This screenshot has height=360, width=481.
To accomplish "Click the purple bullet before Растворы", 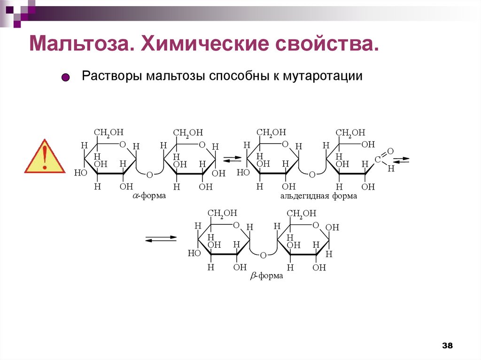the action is pyautogui.click(x=66, y=77).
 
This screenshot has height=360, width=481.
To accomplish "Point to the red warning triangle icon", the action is pyautogui.click(x=45, y=157).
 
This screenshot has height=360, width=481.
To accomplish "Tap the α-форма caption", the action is pyautogui.click(x=149, y=196).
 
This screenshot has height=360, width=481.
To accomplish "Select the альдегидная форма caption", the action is pyautogui.click(x=318, y=196).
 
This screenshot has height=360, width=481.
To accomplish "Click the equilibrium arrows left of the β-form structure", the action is pyautogui.click(x=161, y=239).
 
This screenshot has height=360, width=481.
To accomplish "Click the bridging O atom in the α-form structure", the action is pyautogui.click(x=149, y=175).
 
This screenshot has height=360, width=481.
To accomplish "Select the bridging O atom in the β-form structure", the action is pyautogui.click(x=263, y=255).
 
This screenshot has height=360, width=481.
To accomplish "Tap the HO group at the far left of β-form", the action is pyautogui.click(x=194, y=253).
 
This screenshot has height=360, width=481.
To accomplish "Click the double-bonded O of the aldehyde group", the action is pyautogui.click(x=390, y=151).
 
